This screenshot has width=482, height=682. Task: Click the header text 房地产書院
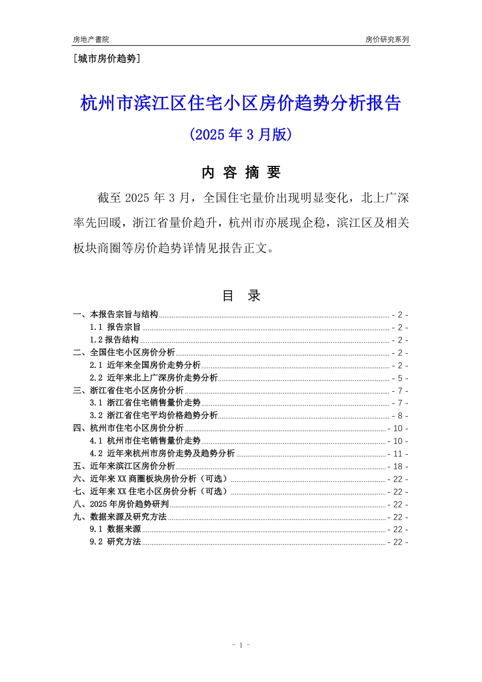click(x=91, y=40)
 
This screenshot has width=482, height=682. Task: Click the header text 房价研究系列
click(x=387, y=40)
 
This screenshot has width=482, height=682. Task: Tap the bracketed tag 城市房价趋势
click(x=107, y=59)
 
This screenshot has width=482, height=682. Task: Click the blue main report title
click(x=240, y=104)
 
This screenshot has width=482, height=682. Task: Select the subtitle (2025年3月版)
click(x=240, y=134)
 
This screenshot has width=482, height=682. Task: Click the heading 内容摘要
click(x=240, y=173)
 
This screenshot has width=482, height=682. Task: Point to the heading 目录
click(x=241, y=296)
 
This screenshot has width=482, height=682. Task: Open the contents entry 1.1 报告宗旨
click(x=115, y=327)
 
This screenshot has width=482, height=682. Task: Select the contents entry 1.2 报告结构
click(x=114, y=340)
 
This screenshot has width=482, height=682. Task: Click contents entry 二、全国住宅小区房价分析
click(x=124, y=353)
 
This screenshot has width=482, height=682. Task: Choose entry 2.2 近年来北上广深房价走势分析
click(x=154, y=378)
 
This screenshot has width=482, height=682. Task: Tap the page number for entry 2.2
click(x=400, y=379)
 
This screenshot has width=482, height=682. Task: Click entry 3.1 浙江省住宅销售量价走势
click(x=145, y=403)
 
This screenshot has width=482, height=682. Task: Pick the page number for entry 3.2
click(x=400, y=416)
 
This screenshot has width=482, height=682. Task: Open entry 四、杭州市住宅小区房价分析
click(x=128, y=428)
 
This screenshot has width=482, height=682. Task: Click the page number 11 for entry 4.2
click(x=398, y=454)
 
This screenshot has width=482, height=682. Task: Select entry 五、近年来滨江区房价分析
click(x=124, y=466)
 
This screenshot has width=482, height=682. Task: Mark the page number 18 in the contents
click(x=398, y=467)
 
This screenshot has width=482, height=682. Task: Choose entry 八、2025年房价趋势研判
click(x=121, y=504)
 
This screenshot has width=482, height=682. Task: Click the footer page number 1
click(x=240, y=645)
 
